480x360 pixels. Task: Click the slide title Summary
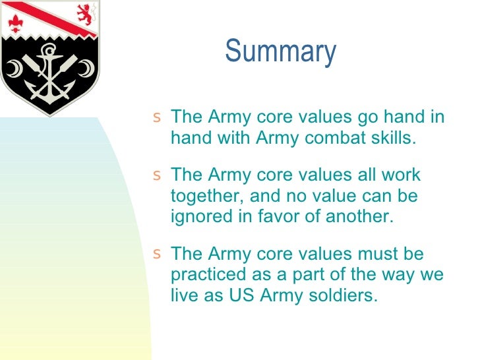tap(280, 52)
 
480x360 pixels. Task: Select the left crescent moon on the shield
tap(14, 69)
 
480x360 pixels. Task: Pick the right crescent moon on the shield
tap(86, 68)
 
